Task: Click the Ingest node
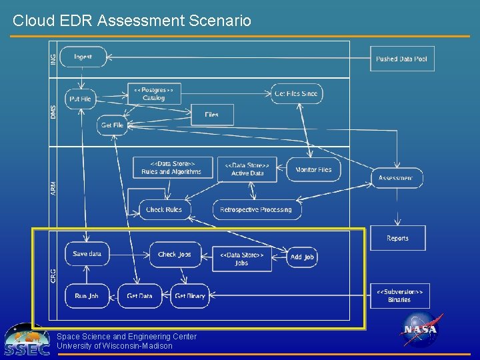(83, 57)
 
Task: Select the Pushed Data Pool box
(402, 59)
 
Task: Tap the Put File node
(81, 99)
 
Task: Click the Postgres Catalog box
(153, 94)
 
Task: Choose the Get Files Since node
(297, 94)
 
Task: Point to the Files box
(212, 115)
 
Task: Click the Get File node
(112, 125)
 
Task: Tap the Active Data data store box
(247, 169)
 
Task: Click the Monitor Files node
(313, 169)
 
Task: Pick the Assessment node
(396, 178)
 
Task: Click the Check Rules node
(164, 210)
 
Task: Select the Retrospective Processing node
(257, 210)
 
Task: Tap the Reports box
(397, 238)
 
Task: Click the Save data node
(87, 254)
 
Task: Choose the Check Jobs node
(175, 254)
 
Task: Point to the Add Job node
(302, 257)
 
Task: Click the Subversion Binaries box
(399, 295)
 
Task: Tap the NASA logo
(420, 330)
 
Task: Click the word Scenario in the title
(220, 21)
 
